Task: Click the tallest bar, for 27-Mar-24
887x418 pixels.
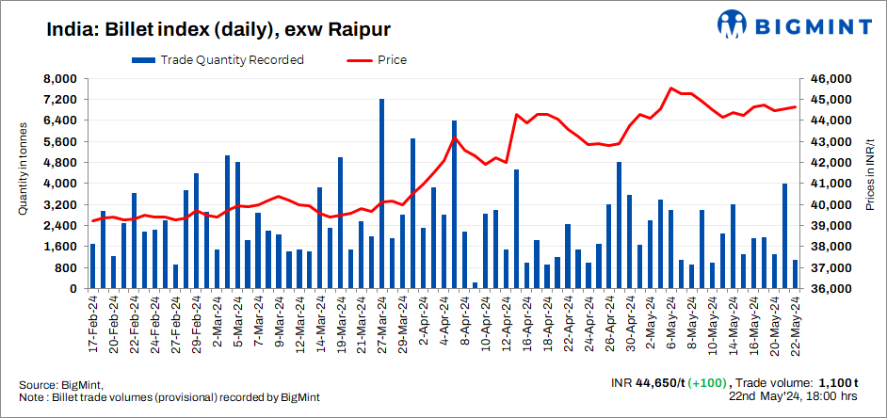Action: [x=381, y=193]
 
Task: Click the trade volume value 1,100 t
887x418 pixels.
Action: [x=836, y=383]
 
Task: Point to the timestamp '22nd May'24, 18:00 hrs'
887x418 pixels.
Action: [x=795, y=397]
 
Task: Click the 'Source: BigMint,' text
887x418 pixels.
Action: [x=60, y=385]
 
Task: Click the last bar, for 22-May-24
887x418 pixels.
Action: [x=795, y=274]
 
